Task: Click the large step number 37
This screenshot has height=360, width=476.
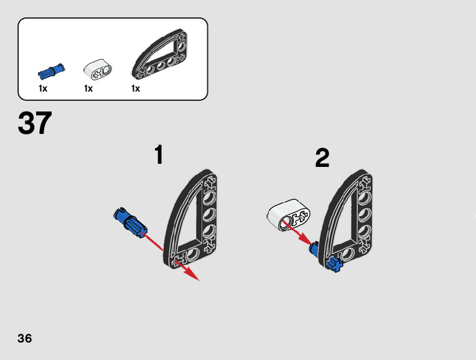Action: [35, 123]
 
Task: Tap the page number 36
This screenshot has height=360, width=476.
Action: [24, 339]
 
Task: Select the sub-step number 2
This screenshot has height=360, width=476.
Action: [322, 158]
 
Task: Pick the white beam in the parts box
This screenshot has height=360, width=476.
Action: [96, 70]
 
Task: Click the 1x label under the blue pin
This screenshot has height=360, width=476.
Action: [43, 88]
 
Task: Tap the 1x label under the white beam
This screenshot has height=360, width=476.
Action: [88, 88]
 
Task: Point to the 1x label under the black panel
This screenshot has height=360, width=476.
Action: [136, 88]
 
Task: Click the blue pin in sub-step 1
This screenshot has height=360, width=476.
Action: [129, 222]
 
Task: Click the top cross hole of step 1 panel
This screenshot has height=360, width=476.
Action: [211, 183]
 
